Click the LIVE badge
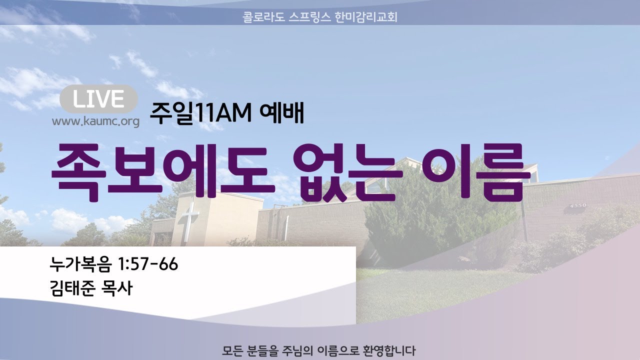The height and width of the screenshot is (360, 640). (99, 99)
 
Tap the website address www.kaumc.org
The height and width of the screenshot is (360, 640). (95, 121)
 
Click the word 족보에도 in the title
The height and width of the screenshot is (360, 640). (163, 172)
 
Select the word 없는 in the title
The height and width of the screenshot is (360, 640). (347, 172)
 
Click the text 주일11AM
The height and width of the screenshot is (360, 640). (200, 113)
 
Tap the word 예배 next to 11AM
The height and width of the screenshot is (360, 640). (282, 113)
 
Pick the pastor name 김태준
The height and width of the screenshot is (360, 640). (72, 288)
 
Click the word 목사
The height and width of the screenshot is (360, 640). (117, 288)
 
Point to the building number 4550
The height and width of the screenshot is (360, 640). (578, 205)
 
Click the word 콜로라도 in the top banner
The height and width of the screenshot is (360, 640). (263, 17)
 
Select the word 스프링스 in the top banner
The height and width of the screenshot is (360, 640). (309, 17)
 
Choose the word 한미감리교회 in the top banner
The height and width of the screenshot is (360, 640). (366, 17)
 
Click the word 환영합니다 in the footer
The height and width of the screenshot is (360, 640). (389, 351)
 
